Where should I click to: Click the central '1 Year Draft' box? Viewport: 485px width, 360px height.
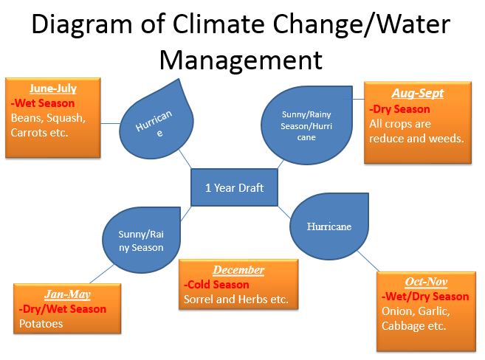pos(233,187)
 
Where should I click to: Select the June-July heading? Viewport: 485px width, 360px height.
pos(52,89)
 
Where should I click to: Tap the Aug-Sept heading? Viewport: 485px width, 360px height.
pos(417,94)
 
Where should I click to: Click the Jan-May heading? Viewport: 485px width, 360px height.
pos(67,294)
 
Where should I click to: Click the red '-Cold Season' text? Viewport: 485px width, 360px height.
pos(216,285)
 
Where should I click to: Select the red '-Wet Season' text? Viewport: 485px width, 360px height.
pos(42,103)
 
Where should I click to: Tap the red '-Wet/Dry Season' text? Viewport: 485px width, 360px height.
pos(424,297)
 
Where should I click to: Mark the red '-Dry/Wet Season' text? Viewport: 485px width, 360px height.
pos(63,309)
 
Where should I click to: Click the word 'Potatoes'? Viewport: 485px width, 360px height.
pos(42,324)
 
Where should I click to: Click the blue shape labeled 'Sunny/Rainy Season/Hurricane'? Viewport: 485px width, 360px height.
pos(299,125)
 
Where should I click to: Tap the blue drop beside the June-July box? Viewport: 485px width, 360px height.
pos(157,122)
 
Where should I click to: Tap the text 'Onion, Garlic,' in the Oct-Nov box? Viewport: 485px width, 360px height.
pos(414,311)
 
